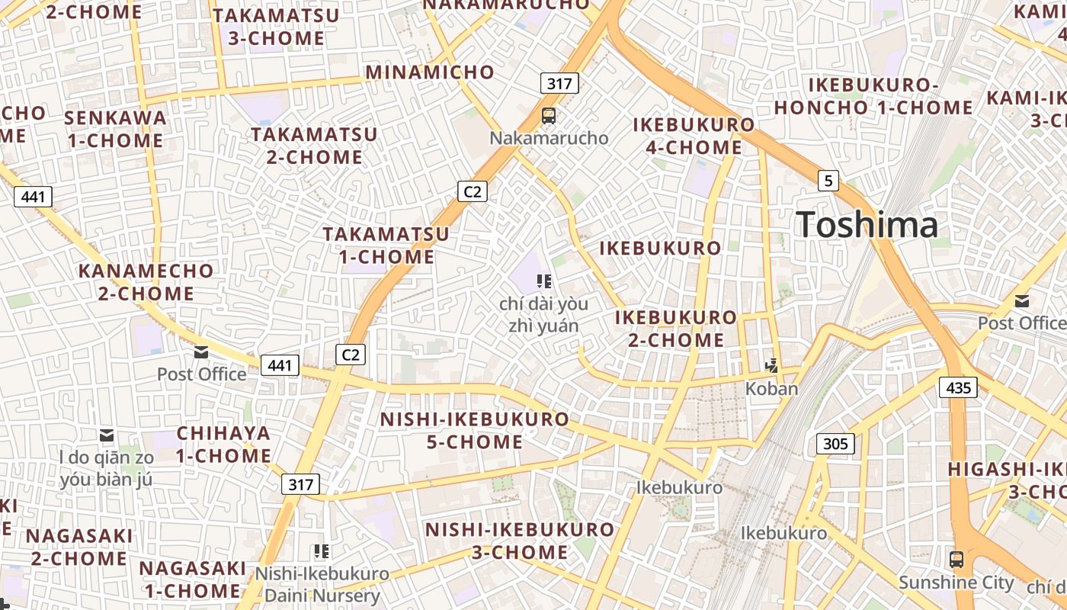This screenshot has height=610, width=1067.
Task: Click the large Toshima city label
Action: tap(867, 225)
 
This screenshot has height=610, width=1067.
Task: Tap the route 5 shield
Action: tap(828, 181)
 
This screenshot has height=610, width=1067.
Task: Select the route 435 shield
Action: tap(958, 387)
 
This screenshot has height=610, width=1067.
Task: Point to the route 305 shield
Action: tap(835, 443)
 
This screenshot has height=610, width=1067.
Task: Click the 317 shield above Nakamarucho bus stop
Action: tap(559, 83)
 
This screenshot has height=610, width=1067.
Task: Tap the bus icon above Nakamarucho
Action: tap(549, 116)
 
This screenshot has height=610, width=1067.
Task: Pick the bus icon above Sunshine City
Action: tap(956, 559)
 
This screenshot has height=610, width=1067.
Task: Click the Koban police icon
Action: tap(772, 365)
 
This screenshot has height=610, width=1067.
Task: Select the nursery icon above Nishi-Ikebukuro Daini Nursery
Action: tap(322, 551)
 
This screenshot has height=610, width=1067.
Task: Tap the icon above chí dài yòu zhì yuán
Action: tap(544, 281)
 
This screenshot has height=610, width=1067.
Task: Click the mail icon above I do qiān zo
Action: tap(107, 435)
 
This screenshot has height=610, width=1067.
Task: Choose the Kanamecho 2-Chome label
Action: tap(146, 282)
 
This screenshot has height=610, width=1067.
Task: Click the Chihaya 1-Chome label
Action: tap(224, 445)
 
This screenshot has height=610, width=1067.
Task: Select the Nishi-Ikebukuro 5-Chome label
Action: tap(474, 431)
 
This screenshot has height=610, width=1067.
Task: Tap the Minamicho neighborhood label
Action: tap(430, 72)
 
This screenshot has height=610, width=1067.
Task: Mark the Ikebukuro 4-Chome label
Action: tap(694, 136)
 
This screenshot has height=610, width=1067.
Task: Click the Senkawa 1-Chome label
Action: tap(115, 129)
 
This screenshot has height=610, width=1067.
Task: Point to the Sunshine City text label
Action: tap(956, 583)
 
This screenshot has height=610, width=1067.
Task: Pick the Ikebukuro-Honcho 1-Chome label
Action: tap(873, 96)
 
